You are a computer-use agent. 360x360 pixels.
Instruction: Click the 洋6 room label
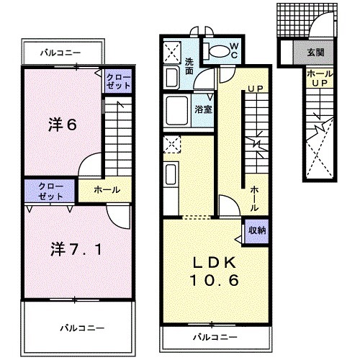tap(63, 125)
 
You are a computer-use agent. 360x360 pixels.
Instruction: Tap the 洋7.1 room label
tap(76, 249)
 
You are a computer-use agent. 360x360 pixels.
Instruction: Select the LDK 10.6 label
tap(215, 271)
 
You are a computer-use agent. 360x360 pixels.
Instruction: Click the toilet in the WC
tap(218, 51)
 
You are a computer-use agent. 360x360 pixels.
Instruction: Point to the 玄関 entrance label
tap(315, 53)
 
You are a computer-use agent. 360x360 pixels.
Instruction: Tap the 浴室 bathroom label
tap(203, 109)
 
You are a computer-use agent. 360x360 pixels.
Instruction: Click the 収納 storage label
tap(257, 230)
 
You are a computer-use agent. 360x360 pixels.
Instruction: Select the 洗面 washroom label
tap(189, 66)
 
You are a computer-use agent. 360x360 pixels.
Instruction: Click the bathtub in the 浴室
tap(177, 111)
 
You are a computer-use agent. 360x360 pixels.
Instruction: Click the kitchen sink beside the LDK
tap(171, 174)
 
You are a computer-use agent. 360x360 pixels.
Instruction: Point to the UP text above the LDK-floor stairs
tap(256, 89)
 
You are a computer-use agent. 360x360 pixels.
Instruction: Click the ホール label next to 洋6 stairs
tap(107, 190)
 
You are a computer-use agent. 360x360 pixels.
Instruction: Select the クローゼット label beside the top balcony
tap(119, 81)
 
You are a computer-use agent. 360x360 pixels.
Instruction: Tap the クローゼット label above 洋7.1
tap(50, 192)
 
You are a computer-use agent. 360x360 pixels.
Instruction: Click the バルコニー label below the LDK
tap(215, 338)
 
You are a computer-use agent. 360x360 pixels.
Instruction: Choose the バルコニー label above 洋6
tap(60, 53)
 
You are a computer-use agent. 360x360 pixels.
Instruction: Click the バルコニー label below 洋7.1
tap(82, 328)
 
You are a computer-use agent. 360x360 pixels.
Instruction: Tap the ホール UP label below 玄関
tap(320, 78)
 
